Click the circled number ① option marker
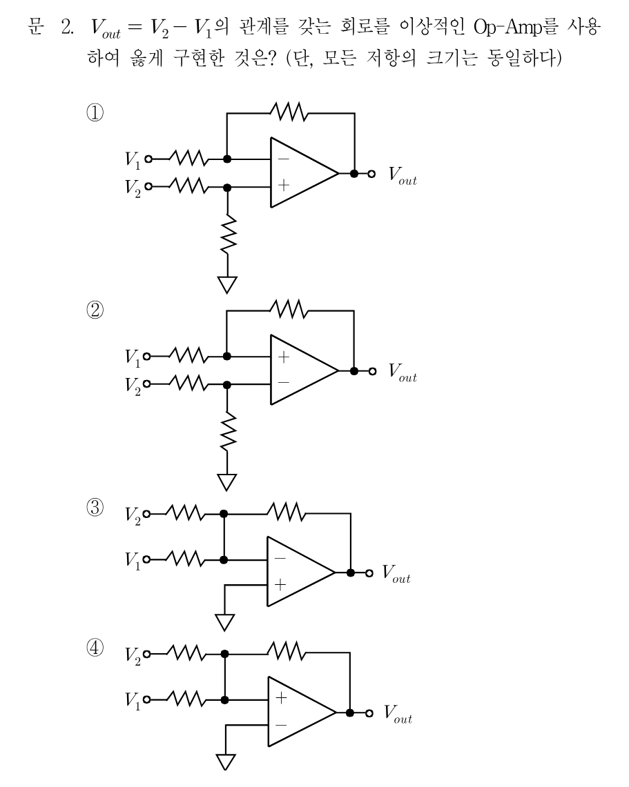pos(95,112)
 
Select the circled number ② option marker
pos(95,310)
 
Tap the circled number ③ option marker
pos(95,507)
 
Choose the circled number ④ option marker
pos(95,648)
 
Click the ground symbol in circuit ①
pos(227,285)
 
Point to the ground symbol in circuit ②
pos(227,482)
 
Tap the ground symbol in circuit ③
pos(224,622)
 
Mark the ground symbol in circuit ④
pos(226,762)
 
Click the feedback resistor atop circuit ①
pos(289,112)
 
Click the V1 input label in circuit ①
pos(133,160)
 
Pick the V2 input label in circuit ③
pos(133,515)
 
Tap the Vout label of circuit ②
pos(403,372)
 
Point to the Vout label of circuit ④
pos(398,714)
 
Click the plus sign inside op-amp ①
pos(284,186)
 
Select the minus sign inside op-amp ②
pos(284,383)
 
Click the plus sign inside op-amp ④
pos(281,697)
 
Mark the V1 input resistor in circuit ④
pos(185,699)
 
